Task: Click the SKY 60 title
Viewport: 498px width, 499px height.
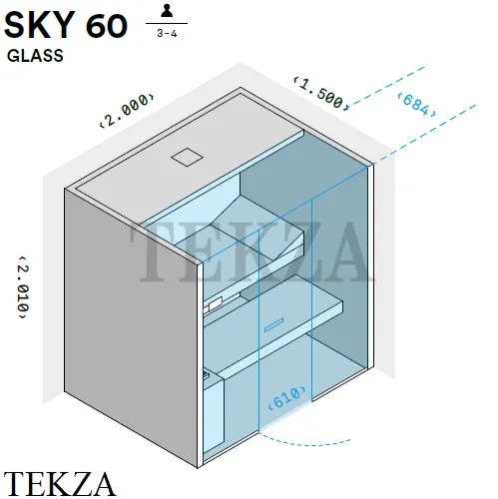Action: coord(66,26)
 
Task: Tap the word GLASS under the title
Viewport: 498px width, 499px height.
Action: coord(35,56)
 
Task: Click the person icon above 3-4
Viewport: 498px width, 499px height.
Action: coord(167,11)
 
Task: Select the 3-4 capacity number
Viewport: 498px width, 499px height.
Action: coord(167,34)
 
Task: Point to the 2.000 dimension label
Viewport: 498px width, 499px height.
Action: coord(127,110)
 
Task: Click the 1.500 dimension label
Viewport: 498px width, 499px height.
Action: coord(321,94)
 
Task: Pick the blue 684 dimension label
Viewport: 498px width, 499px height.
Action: coord(417,105)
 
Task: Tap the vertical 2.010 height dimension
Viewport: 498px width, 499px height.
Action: coord(23,287)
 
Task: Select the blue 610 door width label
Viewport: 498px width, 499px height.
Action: coord(287,398)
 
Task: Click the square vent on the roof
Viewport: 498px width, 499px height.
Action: coord(187,157)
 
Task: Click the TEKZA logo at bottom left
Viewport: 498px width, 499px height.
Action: coord(60,484)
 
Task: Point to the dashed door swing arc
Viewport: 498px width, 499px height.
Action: coord(303,442)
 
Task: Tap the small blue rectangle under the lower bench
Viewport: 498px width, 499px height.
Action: coord(273,325)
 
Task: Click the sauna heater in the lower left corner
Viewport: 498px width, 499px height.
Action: coord(213,412)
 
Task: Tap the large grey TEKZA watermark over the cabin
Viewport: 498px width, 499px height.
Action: coord(251,251)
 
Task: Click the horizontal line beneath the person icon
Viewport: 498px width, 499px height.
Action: coord(167,24)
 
